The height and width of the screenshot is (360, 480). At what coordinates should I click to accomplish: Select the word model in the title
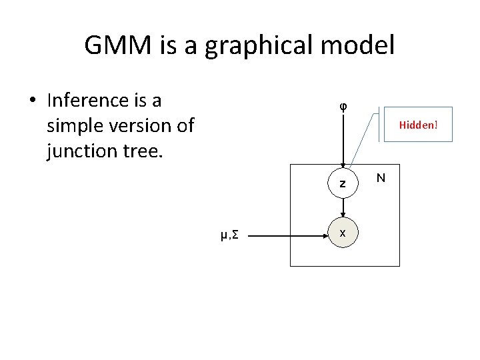(x=363, y=45)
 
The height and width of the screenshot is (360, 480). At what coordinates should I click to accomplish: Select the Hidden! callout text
(x=418, y=125)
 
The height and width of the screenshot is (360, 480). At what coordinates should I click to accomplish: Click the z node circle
(x=343, y=183)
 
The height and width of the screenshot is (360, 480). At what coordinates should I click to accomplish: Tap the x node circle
(x=343, y=234)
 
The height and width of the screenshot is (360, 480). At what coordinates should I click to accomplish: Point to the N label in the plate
(x=380, y=177)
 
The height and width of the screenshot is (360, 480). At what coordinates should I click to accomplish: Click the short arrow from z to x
(x=343, y=209)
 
